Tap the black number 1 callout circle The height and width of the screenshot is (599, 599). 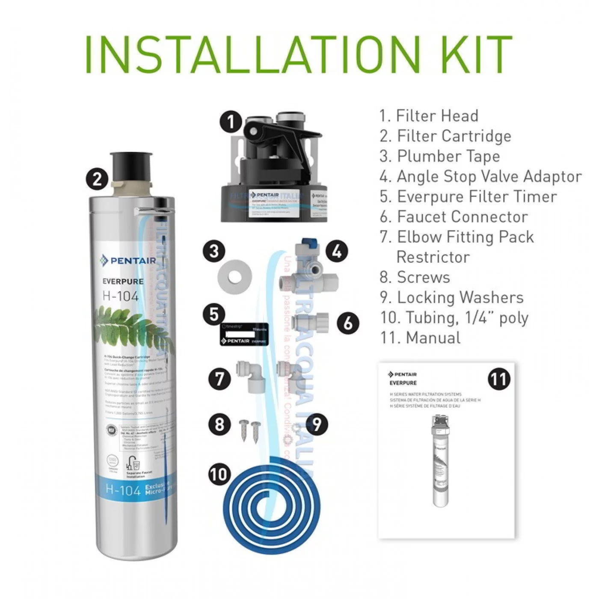pos(231,122)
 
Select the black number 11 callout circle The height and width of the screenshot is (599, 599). pos(499,379)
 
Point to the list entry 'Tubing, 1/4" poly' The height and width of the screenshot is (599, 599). pos(454,317)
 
